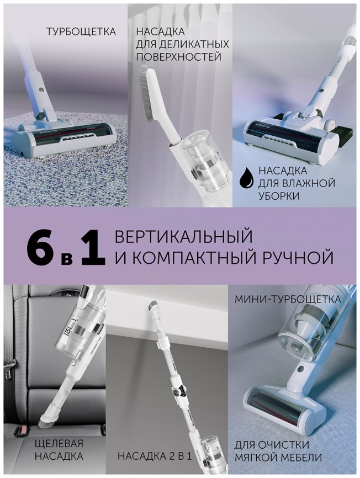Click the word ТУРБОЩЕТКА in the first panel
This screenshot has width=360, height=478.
coord(81,31)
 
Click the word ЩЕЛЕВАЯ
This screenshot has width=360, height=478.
coord(59,444)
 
